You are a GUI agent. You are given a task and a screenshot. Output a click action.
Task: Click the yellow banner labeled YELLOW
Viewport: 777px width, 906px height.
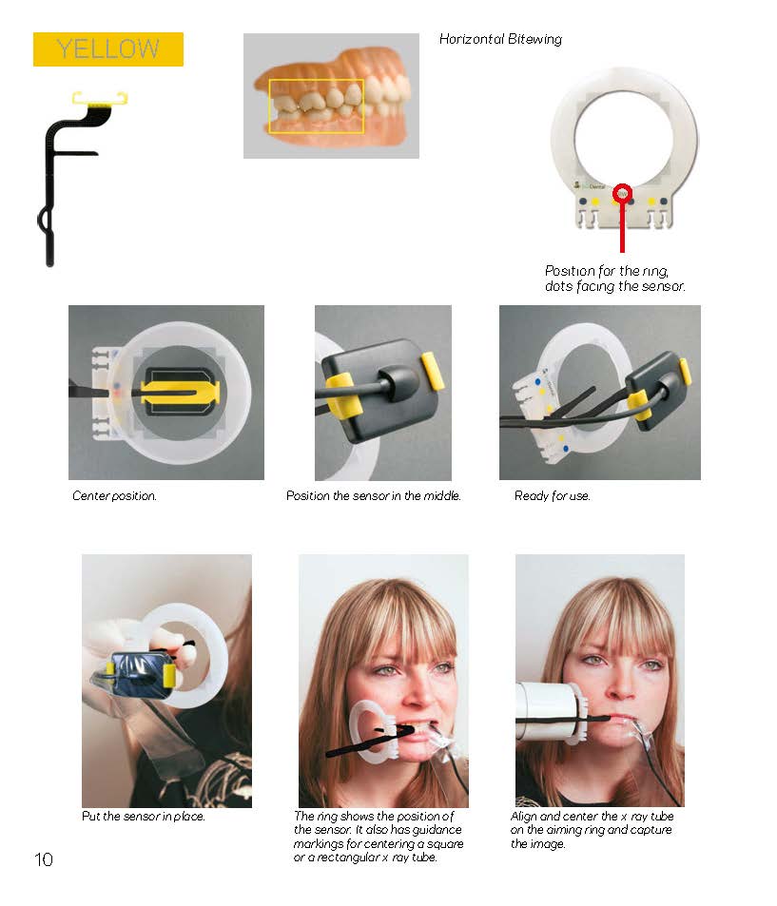[x=108, y=49]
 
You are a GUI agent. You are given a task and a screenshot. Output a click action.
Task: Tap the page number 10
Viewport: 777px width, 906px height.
[x=44, y=859]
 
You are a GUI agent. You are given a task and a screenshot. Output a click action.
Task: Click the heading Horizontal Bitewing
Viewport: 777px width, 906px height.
[x=500, y=39]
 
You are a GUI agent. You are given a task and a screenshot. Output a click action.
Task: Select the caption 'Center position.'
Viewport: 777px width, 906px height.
[x=114, y=495]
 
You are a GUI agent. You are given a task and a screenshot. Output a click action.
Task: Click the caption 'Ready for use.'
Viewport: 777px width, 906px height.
[x=553, y=495]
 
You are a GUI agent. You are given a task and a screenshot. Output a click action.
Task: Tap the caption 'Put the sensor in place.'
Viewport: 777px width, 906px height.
[x=144, y=816]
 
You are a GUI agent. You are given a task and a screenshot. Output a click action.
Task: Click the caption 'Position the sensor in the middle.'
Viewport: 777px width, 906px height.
[x=374, y=495]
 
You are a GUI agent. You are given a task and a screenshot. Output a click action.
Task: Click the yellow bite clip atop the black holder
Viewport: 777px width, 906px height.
[x=100, y=100]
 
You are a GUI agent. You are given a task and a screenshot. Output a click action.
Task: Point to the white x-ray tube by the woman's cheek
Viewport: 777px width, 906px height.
[x=549, y=712]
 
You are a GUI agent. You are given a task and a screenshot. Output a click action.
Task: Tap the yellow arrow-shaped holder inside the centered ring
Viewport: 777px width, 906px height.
[x=180, y=393]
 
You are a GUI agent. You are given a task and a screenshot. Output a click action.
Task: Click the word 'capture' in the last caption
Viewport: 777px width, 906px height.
[x=652, y=830]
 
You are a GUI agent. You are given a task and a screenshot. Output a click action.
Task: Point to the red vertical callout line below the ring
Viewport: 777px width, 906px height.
[x=622, y=227]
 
